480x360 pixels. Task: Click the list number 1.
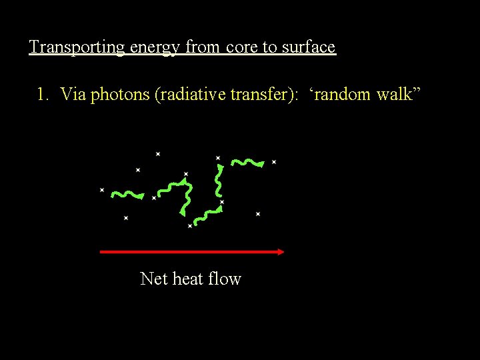(42, 95)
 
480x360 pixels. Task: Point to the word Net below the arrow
(154, 279)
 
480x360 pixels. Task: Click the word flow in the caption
(224, 279)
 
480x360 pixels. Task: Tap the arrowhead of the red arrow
(280, 252)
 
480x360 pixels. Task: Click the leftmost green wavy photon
(127, 195)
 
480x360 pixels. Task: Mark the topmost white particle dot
(158, 154)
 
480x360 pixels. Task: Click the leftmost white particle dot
(102, 190)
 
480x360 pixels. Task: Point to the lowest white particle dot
(190, 227)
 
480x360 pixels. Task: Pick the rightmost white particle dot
(273, 162)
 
